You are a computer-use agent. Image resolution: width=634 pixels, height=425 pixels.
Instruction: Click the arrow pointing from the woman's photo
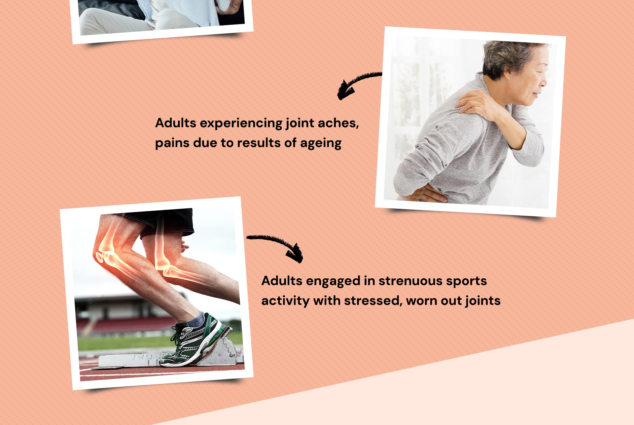coord(358,85)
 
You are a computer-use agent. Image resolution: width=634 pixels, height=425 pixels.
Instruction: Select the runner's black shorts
coord(162,223)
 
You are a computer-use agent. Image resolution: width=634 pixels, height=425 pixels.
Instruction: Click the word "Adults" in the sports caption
coord(282,281)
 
